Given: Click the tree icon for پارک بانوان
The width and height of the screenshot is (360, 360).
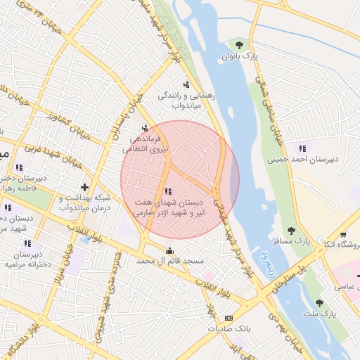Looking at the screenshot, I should coord(247,44).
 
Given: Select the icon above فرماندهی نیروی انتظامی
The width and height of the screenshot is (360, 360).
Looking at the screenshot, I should coord(145,129).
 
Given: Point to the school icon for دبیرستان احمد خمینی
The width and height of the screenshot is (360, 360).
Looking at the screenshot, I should coord(302,148).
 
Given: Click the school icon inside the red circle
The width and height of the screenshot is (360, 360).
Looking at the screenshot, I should coord(167,191).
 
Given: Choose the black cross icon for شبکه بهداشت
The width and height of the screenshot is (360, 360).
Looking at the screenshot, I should coord(84,187).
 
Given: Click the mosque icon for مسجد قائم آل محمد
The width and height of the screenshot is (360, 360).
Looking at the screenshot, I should coord(169,250).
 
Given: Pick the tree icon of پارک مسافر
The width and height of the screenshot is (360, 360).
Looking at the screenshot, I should coord(290,230).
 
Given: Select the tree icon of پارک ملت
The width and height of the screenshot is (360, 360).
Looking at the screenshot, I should coord(319,303).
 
